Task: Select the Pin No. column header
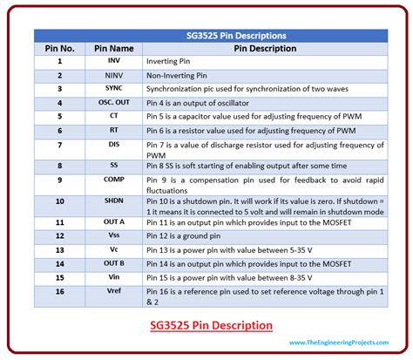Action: (x=59, y=49)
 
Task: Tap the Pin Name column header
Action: (x=114, y=49)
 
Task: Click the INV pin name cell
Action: (x=114, y=62)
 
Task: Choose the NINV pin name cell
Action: (x=114, y=75)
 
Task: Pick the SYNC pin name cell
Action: (x=114, y=89)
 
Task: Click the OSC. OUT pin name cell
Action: (x=114, y=102)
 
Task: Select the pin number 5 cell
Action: (x=59, y=115)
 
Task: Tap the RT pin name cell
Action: (x=114, y=129)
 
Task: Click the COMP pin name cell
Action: (x=114, y=180)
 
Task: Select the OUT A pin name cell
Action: (x=114, y=222)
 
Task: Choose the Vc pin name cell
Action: (x=114, y=248)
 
